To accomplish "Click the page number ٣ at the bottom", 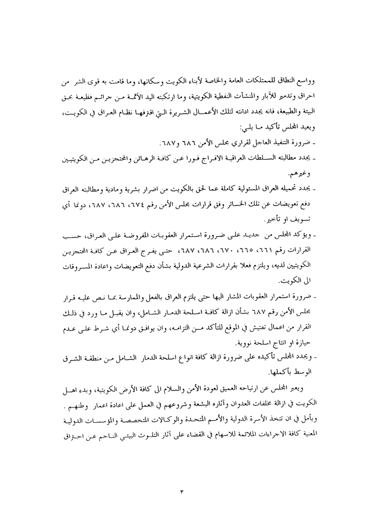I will pos(183,491).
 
